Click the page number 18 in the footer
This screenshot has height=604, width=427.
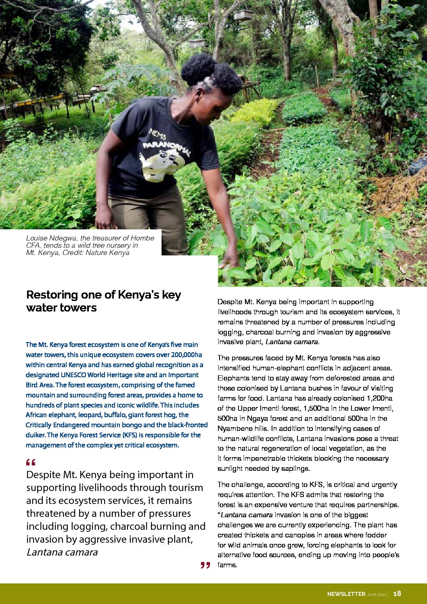tap(397, 593)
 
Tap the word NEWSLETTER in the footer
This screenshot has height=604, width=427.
tap(346, 594)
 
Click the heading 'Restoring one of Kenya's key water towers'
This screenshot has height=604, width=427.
tap(103, 301)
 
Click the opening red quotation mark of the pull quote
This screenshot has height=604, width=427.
tap(30, 462)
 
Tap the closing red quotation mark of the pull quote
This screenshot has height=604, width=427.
tap(205, 565)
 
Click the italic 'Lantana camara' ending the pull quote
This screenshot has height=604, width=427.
tap(62, 552)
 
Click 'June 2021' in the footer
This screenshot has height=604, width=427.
tap(377, 594)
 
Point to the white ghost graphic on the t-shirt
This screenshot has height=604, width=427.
tap(163, 163)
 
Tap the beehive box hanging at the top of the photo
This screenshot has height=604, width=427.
tap(243, 15)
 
